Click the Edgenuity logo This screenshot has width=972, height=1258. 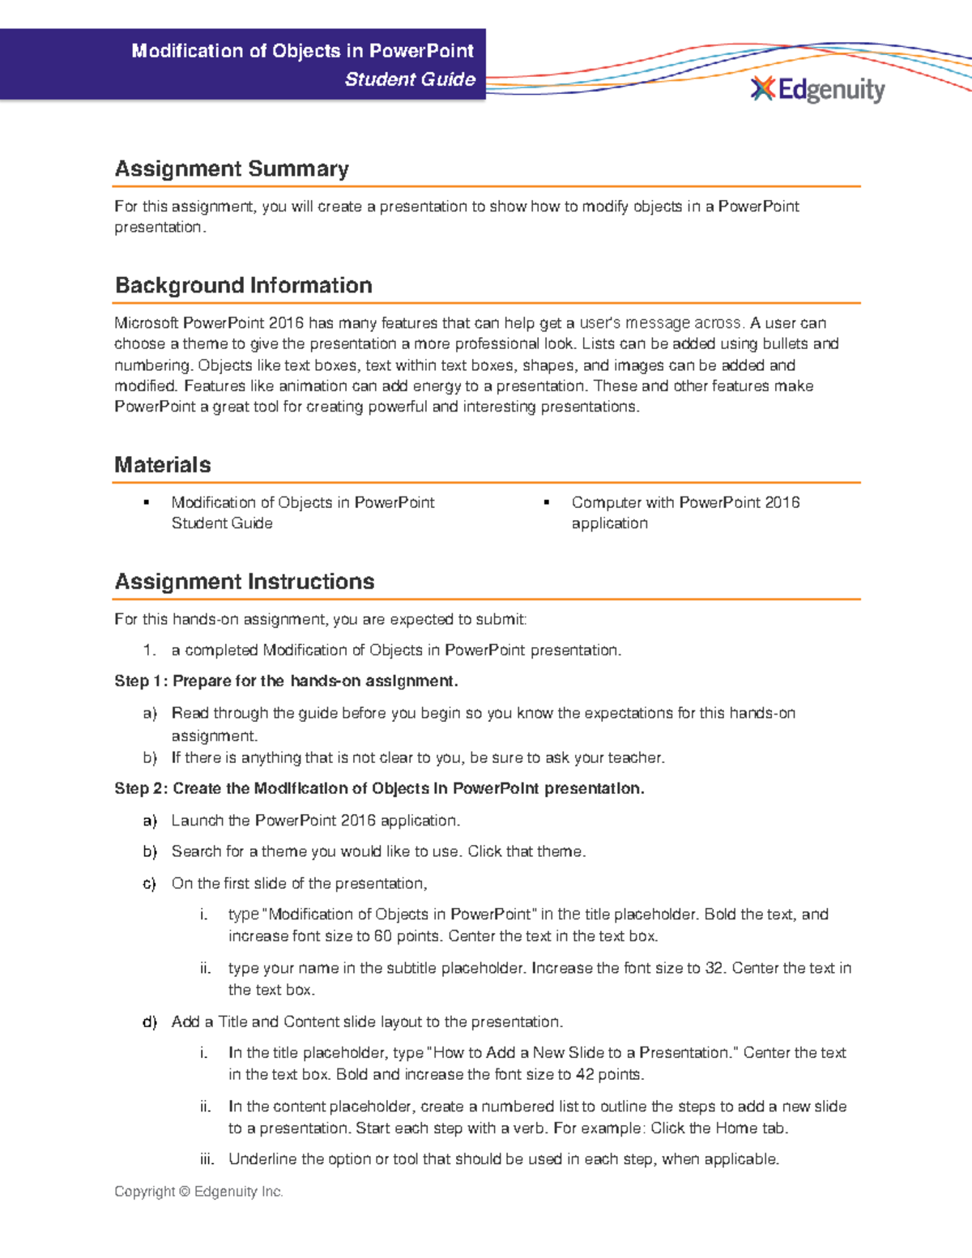coord(818,89)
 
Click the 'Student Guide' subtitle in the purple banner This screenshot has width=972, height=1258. coord(410,79)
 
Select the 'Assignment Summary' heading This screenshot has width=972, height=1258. coord(232,169)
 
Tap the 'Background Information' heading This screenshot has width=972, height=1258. coord(243,286)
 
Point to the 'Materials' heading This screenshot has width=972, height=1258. coord(162,465)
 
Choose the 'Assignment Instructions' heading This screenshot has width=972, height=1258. coord(244,582)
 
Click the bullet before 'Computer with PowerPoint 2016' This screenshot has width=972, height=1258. coord(547,503)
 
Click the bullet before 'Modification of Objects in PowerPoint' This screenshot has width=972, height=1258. coord(147,503)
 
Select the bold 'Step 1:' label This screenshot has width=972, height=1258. coord(141,681)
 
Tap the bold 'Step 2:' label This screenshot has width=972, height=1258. coord(141,789)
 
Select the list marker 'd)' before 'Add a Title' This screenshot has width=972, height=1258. coord(150,1022)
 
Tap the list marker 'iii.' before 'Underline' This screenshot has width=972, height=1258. coord(207,1160)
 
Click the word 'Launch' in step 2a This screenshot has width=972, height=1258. coord(198,821)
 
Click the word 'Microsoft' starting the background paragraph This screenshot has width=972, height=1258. coord(146,323)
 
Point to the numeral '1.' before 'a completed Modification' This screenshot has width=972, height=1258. coord(149,650)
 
